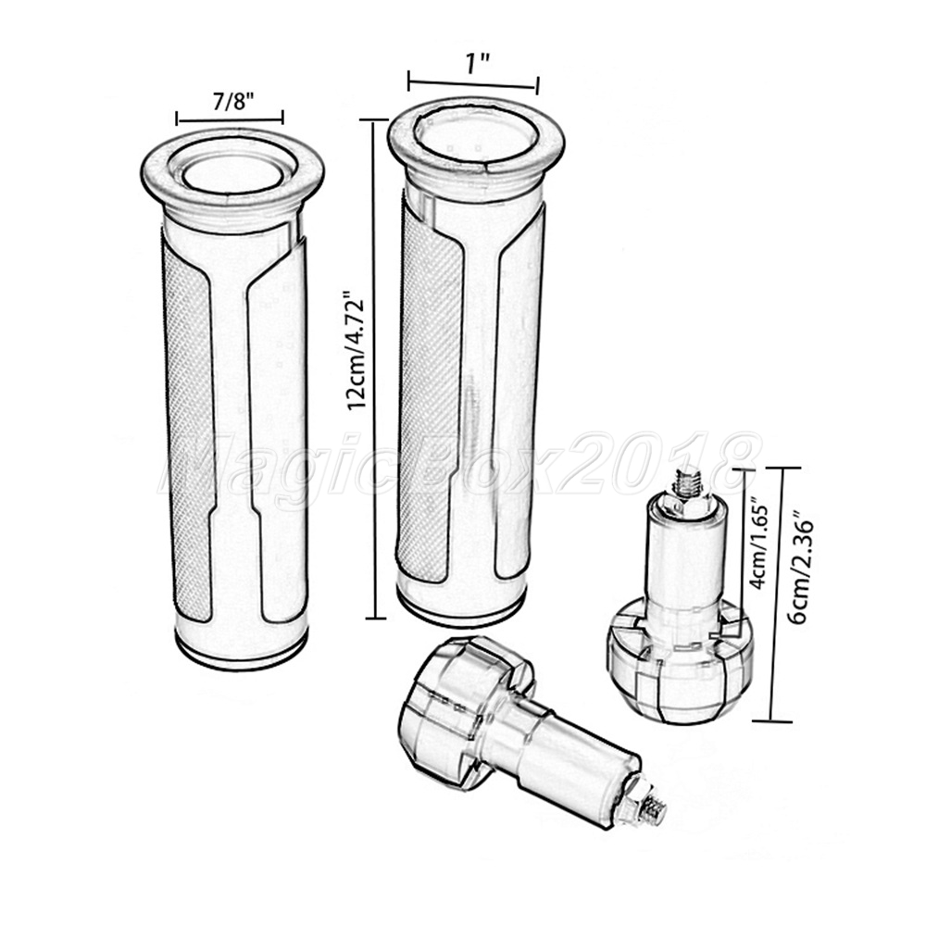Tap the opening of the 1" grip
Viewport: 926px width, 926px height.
coord(476,136)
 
